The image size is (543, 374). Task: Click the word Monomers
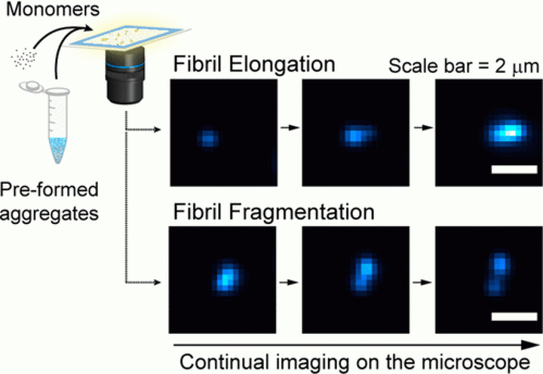coord(53,9)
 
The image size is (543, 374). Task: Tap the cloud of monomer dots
coord(24,58)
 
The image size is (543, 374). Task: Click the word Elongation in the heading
coord(282,64)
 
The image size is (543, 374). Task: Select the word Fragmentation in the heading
coord(301,212)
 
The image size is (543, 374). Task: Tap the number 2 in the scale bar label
coord(501,66)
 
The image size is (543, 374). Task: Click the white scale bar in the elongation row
coord(514,169)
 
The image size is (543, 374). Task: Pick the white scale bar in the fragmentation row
coord(514,316)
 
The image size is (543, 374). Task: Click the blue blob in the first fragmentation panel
coord(226,277)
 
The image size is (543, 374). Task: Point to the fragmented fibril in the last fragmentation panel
coord(499,274)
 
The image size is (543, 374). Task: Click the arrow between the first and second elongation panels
coord(290,127)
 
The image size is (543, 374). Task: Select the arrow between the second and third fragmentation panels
coord(422,282)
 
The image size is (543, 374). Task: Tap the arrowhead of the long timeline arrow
coord(531,345)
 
